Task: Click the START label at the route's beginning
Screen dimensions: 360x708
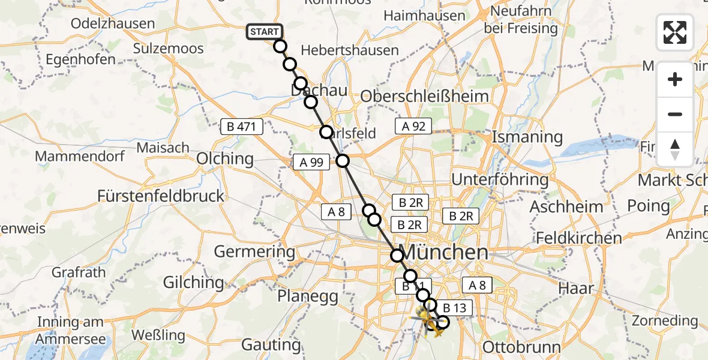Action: point(263,32)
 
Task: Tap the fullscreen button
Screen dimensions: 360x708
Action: point(675,32)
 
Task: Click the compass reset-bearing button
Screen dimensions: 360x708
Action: point(675,149)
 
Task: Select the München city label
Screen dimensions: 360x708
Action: point(446,252)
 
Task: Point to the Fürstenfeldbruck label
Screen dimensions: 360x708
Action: point(161,196)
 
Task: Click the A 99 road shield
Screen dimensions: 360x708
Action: point(310,162)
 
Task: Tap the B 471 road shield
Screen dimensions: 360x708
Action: point(242,127)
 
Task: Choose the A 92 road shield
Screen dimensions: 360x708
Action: point(413,126)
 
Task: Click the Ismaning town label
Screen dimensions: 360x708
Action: point(527,137)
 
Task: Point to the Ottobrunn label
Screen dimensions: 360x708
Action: point(521,347)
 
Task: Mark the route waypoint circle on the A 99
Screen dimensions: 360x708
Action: point(342,160)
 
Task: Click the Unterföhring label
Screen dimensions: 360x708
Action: point(500,179)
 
